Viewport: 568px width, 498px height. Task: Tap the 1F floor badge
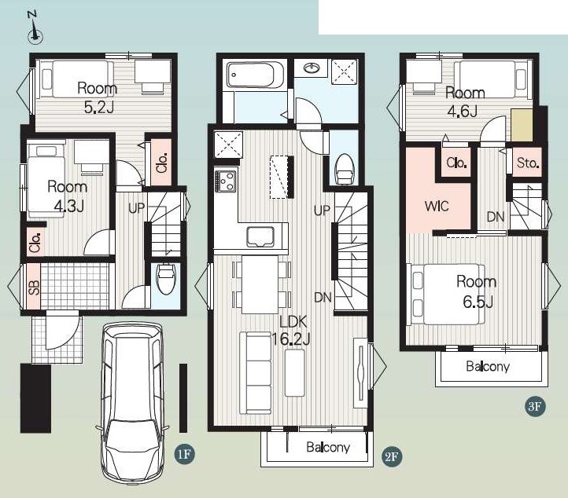tap(184, 453)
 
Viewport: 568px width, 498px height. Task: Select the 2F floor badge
tap(392, 457)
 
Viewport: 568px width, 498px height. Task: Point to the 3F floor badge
tap(535, 406)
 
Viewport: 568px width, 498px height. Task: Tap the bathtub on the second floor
tap(255, 75)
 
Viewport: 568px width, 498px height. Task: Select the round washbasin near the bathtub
tap(311, 68)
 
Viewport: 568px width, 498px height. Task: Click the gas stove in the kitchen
tap(225, 181)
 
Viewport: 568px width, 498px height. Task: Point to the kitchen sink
tap(260, 237)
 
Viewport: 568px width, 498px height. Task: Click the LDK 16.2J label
tap(291, 329)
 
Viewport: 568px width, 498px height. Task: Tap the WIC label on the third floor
tap(437, 206)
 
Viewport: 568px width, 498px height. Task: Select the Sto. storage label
tap(528, 163)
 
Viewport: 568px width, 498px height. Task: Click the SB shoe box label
tap(34, 287)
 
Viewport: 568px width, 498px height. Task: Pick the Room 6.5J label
tap(477, 291)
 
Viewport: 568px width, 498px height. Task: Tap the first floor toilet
tap(166, 278)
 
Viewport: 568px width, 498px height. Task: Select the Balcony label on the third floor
tap(488, 366)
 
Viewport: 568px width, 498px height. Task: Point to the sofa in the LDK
tap(256, 372)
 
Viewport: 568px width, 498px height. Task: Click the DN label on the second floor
tap(323, 297)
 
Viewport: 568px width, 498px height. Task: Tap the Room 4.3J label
tap(68, 196)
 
